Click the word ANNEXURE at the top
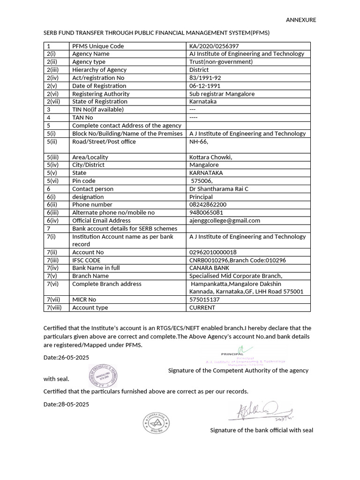tap(301, 20)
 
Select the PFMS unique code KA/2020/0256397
tap(214, 46)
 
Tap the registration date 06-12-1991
tap(204, 86)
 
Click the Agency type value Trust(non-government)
tap(221, 62)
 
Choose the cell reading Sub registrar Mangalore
tap(222, 94)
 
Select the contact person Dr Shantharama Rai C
tap(218, 189)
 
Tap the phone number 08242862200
tap(207, 205)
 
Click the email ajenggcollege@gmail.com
tap(225, 220)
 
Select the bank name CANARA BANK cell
tap(209, 268)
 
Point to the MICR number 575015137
tap(204, 300)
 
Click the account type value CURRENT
tap(202, 307)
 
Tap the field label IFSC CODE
tap(86, 260)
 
